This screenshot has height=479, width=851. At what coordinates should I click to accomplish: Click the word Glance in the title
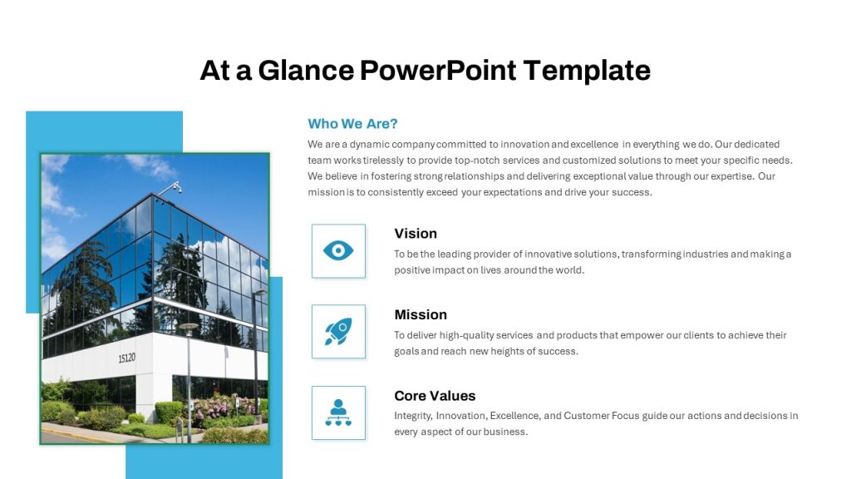306,71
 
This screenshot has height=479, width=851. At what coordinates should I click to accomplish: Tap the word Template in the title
587,71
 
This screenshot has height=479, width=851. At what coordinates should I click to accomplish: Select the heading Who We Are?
352,124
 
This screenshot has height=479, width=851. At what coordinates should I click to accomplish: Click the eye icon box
338,251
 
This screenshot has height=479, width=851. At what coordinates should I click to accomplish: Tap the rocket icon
338,331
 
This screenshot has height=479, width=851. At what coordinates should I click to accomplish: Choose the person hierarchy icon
338,412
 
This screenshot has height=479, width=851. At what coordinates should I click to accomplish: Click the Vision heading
416,234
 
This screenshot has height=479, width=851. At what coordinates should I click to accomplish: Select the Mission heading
421,315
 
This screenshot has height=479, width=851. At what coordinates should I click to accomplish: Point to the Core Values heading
435,396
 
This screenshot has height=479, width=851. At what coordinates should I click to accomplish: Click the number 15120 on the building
127,358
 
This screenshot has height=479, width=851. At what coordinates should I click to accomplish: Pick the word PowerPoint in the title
438,71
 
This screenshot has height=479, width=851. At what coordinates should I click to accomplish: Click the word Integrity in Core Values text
413,416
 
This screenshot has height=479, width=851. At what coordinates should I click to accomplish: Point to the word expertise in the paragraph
732,176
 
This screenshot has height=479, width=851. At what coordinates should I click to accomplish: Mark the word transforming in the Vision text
651,254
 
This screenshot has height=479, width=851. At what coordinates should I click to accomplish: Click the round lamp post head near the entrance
189,326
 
